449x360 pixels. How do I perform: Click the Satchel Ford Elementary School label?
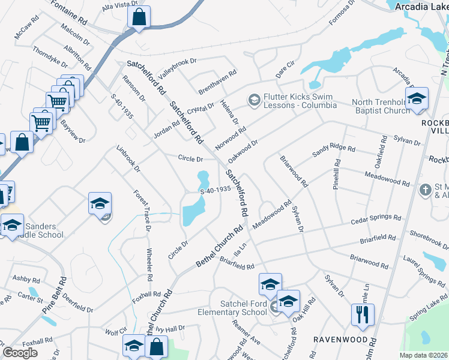[x=234, y=308]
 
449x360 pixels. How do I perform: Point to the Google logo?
[x=20, y=353]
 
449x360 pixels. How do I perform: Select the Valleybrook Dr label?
[x=177, y=70]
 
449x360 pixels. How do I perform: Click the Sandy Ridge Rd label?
[x=334, y=151]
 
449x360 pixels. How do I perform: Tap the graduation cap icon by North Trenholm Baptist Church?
[x=417, y=99]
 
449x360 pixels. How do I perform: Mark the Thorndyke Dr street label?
[x=50, y=56]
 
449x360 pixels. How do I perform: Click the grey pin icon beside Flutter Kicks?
[x=254, y=98]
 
